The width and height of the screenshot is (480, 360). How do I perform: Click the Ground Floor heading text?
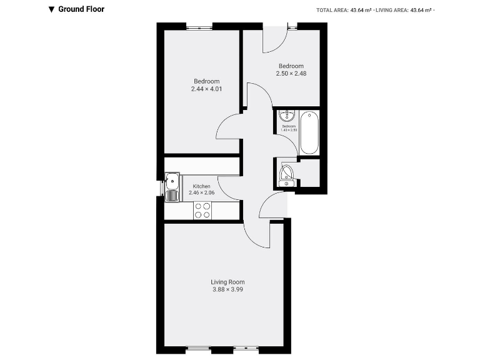pyautogui.click(x=81, y=9)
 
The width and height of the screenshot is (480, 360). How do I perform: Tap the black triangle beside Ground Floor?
pyautogui.click(x=51, y=9)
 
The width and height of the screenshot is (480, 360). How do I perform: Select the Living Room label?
pyautogui.click(x=227, y=282)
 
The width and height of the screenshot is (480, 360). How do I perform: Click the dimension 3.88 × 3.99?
pyautogui.click(x=227, y=289)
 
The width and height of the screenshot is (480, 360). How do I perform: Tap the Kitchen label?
pyautogui.click(x=201, y=186)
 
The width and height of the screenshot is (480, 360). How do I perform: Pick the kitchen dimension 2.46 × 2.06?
pyautogui.click(x=201, y=193)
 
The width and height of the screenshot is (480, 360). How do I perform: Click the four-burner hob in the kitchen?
pyautogui.click(x=202, y=211)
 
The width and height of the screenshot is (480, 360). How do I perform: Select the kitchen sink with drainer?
pyautogui.click(x=171, y=186)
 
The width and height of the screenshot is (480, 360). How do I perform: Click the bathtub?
pyautogui.click(x=309, y=132)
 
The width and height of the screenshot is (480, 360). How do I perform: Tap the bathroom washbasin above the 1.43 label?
pyautogui.click(x=287, y=116)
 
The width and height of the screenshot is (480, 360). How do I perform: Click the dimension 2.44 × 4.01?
pyautogui.click(x=207, y=89)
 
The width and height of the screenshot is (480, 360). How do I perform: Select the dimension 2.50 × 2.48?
pyautogui.click(x=291, y=73)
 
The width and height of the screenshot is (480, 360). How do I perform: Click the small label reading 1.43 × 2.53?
pyautogui.click(x=289, y=129)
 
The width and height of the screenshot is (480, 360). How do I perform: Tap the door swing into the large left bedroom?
pyautogui.click(x=229, y=127)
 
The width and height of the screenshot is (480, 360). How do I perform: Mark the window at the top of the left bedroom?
pyautogui.click(x=199, y=26)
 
